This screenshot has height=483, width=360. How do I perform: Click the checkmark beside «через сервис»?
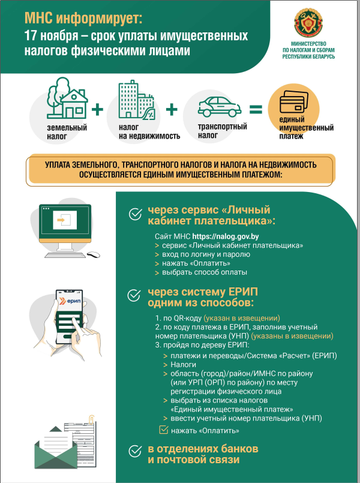pos(135,214)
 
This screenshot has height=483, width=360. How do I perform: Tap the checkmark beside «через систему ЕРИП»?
pos(135,296)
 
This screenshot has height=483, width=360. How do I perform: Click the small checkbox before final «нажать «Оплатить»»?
pos(163,430)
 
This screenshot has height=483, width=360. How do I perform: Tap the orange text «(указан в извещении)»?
pos(242,318)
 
